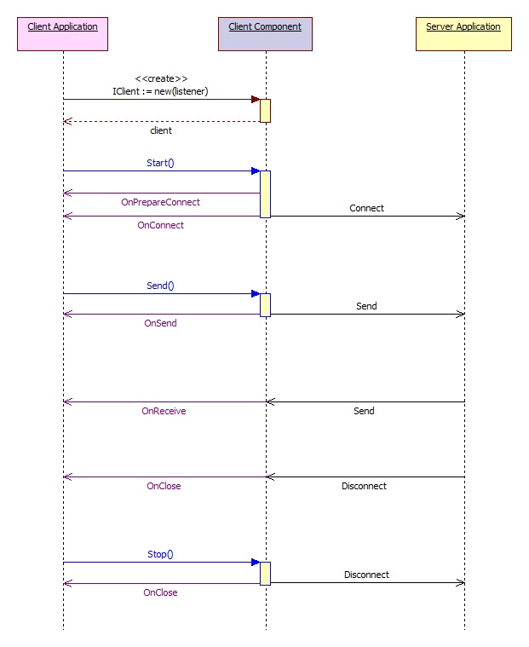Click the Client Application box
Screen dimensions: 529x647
[63, 34]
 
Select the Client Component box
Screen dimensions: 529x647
[265, 34]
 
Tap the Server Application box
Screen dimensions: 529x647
[463, 34]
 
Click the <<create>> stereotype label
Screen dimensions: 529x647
[161, 78]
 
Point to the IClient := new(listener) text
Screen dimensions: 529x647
[160, 91]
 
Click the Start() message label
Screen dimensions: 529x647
[160, 163]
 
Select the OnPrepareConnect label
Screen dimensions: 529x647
[160, 202]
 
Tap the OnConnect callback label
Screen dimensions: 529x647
[160, 225]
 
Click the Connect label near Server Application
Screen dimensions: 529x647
[366, 208]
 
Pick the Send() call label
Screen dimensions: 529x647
[160, 286]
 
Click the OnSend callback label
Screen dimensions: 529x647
[160, 323]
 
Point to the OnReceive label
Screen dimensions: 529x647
[164, 411]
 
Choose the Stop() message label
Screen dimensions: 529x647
[160, 554]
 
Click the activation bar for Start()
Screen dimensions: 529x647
[265, 194]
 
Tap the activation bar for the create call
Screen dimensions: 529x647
[265, 111]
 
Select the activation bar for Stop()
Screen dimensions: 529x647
[265, 574]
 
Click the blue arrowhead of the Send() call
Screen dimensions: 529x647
[256, 294]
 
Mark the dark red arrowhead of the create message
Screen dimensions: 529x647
[256, 99]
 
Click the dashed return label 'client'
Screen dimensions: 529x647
[161, 130]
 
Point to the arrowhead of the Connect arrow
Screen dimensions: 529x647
[461, 216]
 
